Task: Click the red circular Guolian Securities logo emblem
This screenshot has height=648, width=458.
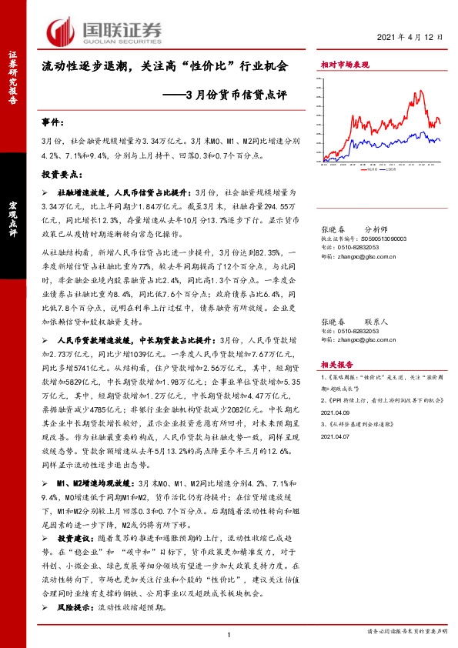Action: click(x=62, y=30)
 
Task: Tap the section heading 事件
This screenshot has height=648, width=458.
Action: click(x=55, y=123)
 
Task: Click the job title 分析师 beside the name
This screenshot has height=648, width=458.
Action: click(x=377, y=229)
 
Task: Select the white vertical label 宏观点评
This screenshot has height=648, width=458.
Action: click(x=12, y=218)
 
